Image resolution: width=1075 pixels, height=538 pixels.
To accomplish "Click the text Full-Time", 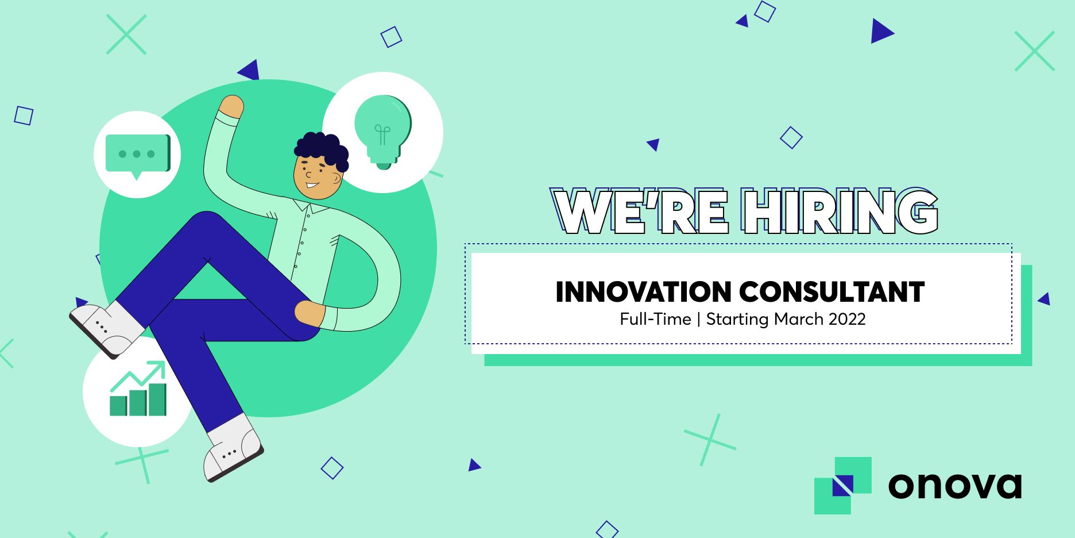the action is pos(655,319).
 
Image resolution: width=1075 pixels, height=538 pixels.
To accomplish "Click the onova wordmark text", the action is pos(955,486).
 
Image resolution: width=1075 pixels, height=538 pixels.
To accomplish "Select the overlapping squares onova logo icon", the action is pos(843,486).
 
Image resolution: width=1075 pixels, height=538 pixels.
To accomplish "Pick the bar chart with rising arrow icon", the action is pos(138,389).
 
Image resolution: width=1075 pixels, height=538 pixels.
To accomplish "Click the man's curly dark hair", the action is pos(322,149).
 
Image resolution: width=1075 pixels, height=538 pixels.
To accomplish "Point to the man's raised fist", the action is pos(232,106).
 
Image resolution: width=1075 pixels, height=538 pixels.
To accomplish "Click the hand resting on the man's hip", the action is pos(310,313).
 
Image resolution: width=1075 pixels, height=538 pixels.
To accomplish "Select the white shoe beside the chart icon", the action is pos(107,328).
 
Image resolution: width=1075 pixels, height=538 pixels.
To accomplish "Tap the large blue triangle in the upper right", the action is pos(882,31).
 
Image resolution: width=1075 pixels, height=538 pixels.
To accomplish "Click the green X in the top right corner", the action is pos(1035,51).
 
